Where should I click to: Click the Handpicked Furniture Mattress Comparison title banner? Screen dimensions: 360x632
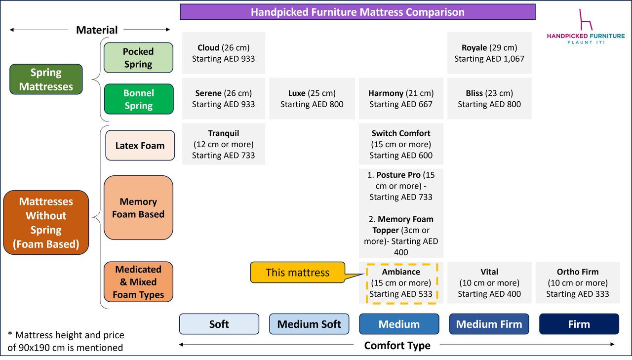357,12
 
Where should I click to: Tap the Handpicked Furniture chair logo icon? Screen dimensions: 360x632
586,20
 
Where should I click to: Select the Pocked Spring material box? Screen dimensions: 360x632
138,58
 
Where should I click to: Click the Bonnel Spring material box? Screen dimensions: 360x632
138,99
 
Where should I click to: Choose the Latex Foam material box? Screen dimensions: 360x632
140,146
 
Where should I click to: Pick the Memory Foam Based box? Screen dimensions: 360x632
138,208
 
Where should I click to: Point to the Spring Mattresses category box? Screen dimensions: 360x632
46,80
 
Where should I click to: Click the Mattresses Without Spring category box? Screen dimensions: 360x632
46,223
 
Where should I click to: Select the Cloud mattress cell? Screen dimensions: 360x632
223,53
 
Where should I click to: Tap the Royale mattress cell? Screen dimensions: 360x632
489,53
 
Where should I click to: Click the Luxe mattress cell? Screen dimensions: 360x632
312,99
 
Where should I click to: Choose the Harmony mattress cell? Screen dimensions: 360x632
400,99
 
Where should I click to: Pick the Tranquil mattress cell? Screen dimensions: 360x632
223,144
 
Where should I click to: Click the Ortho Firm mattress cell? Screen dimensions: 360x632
577,283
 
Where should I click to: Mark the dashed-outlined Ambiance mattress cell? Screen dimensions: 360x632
401,283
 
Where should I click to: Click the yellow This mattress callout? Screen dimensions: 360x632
297,273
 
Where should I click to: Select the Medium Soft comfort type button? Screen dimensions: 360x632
309,324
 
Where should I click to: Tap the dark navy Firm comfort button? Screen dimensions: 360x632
579,324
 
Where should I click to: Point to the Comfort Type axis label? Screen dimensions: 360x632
397,346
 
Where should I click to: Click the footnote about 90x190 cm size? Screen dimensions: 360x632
66,342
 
